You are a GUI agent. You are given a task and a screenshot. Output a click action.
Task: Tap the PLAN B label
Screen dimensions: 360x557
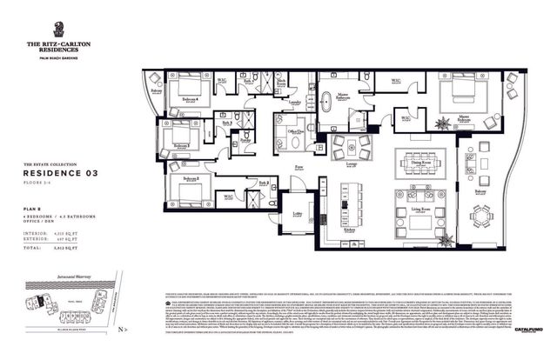(x=32, y=210)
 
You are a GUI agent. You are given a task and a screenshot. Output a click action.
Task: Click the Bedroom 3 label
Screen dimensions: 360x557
(x=180, y=145)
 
